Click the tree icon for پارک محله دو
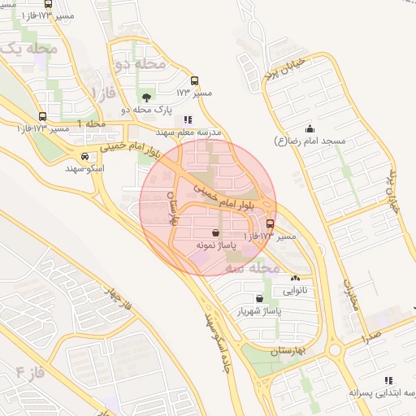click(x=145, y=97)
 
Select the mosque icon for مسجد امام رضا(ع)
click(x=310, y=128)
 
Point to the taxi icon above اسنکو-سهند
click(x=85, y=156)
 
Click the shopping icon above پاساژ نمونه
click(x=214, y=232)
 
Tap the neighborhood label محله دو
click(x=139, y=63)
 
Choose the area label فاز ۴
click(x=30, y=374)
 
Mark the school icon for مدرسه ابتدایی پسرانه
click(x=388, y=380)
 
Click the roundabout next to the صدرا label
click(x=336, y=350)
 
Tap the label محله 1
click(x=92, y=123)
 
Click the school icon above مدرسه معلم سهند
click(x=188, y=119)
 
